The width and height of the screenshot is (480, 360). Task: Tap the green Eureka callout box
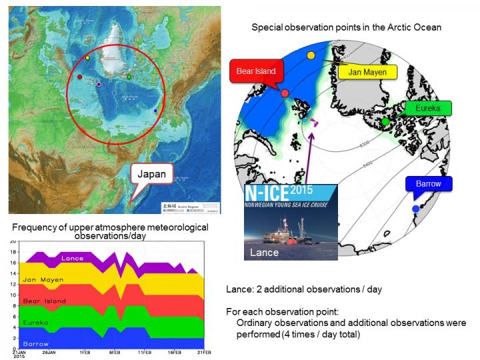tap(427, 108)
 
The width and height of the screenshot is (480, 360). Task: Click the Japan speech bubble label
tap(151, 175)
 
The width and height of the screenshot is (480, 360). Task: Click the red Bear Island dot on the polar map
tap(285, 94)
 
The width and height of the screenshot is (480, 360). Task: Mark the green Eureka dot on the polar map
tap(385, 121)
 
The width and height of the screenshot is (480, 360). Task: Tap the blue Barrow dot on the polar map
tap(416, 209)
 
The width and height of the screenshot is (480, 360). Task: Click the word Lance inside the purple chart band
tap(72, 258)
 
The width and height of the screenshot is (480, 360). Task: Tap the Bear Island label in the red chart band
tap(46, 301)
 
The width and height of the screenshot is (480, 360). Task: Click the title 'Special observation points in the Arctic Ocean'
tap(346, 27)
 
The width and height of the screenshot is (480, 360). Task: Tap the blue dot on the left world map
tap(156, 111)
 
